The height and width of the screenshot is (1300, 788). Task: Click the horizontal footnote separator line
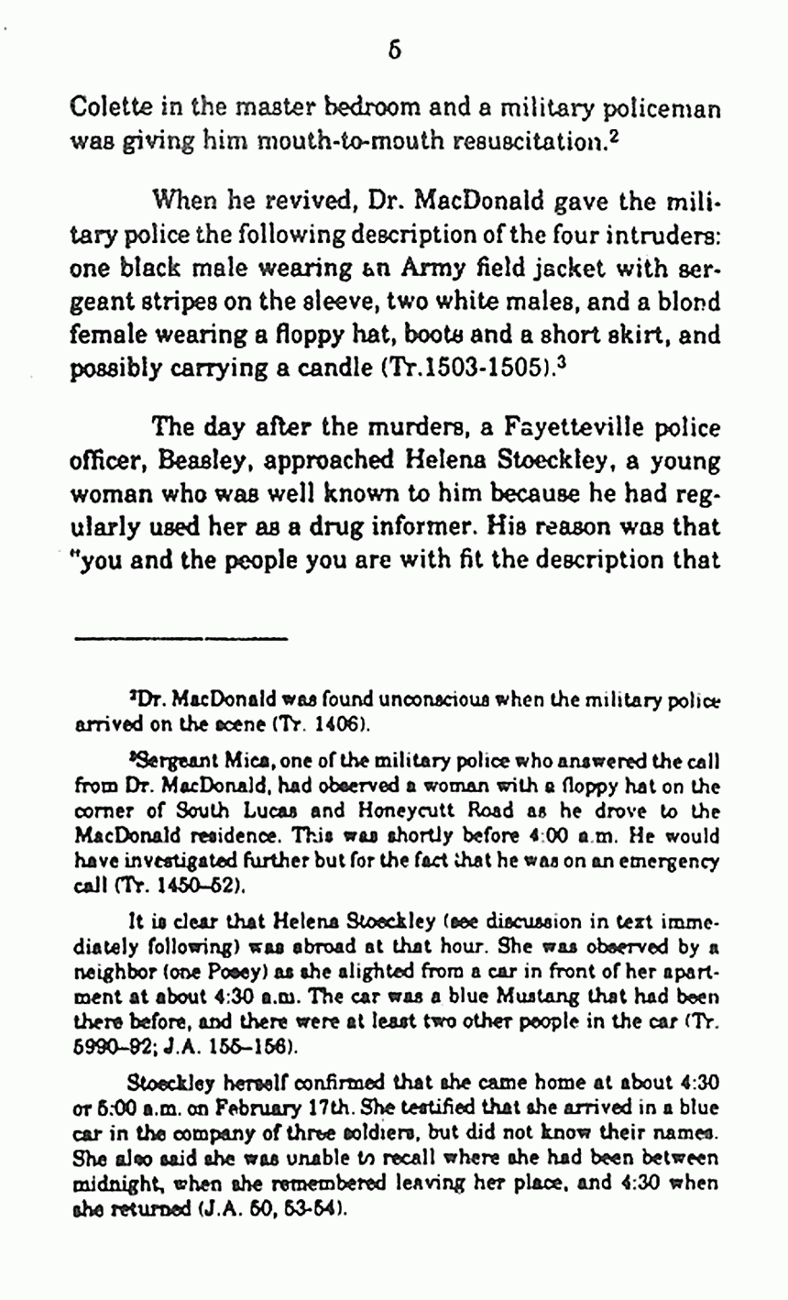[181, 636]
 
